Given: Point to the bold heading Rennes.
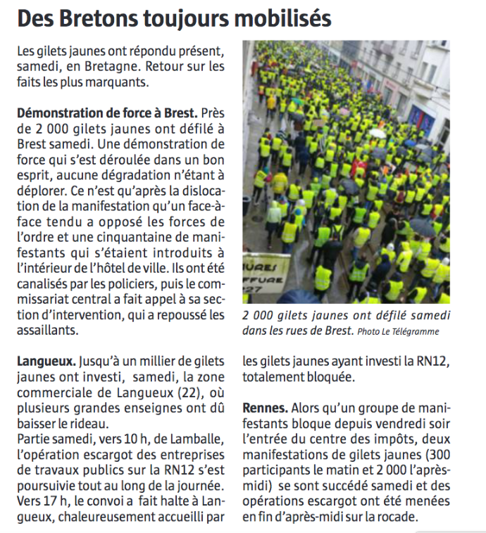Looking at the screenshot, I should (265, 408).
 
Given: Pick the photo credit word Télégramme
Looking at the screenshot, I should (416, 331).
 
